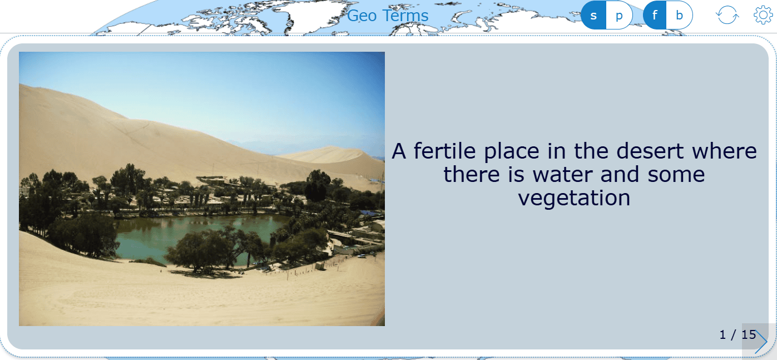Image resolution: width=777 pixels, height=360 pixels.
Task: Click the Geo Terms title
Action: [x=388, y=16]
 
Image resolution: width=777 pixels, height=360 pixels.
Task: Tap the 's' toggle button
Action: [x=593, y=15]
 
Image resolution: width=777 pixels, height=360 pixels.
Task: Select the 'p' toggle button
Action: [x=619, y=15]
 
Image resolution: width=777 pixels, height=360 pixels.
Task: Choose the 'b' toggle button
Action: [x=679, y=15]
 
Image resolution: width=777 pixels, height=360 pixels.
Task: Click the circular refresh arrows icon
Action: [x=727, y=15]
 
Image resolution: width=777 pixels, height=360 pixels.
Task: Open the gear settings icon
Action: [x=763, y=15]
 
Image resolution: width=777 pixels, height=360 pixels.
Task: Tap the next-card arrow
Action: [x=761, y=342]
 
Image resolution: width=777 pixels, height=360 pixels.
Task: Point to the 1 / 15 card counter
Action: [x=738, y=334]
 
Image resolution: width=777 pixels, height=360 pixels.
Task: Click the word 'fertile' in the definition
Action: [x=445, y=151]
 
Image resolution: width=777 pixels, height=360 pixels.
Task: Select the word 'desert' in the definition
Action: [x=650, y=151]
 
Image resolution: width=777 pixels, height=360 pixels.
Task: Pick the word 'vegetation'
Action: [x=574, y=198]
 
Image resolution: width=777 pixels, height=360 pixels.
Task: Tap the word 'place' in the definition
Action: [x=512, y=152]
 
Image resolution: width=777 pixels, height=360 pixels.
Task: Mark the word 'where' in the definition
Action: [x=724, y=151]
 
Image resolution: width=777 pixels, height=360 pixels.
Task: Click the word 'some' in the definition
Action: [x=676, y=175]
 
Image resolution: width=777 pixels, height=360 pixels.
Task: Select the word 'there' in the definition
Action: [x=472, y=174]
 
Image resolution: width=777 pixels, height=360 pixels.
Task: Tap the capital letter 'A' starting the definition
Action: [x=399, y=151]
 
